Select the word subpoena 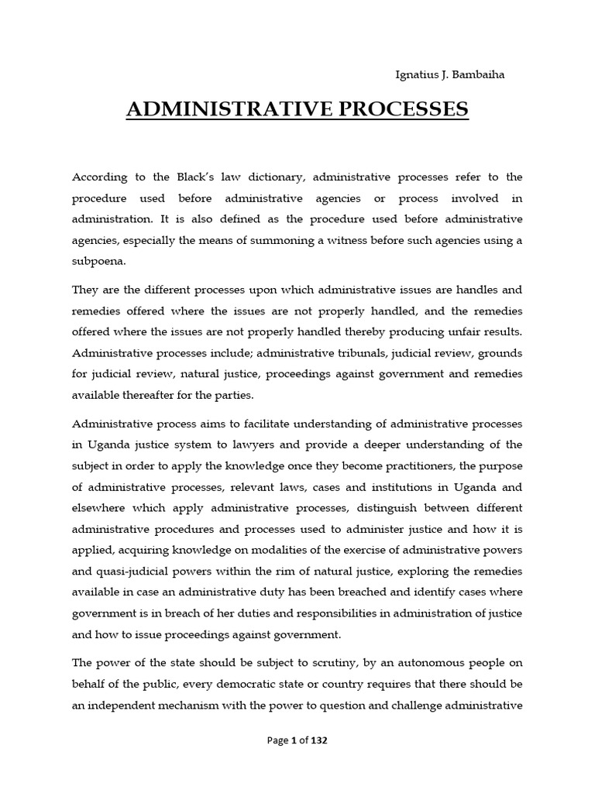pos(98,262)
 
